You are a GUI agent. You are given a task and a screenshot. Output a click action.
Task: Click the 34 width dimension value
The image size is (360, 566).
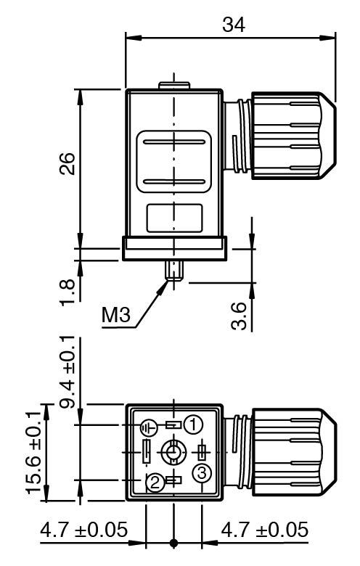click(234, 25)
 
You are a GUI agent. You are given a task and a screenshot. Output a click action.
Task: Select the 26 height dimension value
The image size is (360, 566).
click(67, 163)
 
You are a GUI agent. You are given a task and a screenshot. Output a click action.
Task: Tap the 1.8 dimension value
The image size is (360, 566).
click(67, 292)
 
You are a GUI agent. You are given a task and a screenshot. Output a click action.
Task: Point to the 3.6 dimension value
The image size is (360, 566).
click(239, 316)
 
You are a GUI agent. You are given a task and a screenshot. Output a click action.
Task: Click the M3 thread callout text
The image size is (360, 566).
click(116, 314)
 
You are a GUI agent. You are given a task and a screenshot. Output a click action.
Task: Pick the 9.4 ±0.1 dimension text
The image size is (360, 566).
click(67, 372)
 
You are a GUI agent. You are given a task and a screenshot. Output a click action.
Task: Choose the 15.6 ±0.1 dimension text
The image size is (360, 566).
click(33, 452)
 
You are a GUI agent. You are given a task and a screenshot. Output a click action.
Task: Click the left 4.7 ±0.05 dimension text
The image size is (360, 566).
click(83, 530)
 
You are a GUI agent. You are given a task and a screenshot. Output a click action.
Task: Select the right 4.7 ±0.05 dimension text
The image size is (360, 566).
click(265, 530)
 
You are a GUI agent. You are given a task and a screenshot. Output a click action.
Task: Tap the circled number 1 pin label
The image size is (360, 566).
click(193, 424)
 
